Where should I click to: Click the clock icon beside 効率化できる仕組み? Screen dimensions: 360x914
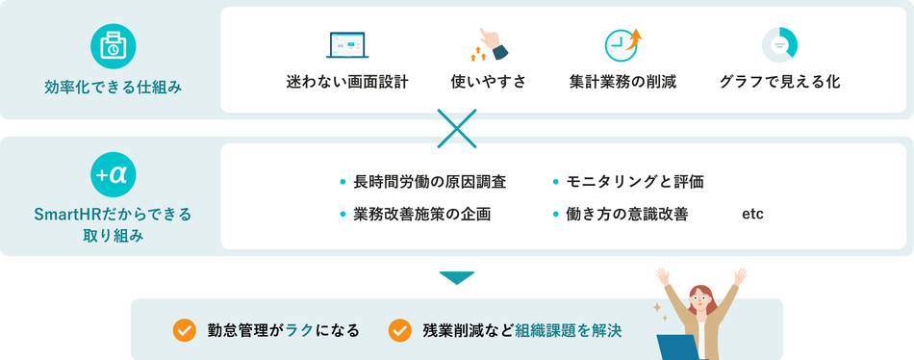[x=114, y=45]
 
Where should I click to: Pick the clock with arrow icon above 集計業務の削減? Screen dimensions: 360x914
[x=622, y=44]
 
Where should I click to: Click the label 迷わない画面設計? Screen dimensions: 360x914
[x=347, y=82]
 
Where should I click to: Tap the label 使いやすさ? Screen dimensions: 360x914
[x=489, y=82]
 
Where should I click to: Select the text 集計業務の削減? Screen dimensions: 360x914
[x=622, y=82]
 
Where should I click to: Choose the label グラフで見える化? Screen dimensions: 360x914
[x=779, y=82]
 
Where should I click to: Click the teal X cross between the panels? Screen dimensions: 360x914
[x=458, y=128]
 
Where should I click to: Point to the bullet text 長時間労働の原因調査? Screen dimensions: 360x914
[x=429, y=182]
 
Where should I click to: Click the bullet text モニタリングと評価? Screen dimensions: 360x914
[x=635, y=182]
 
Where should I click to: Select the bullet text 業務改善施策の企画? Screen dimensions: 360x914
[x=422, y=214]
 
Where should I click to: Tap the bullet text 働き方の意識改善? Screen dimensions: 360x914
[x=626, y=214]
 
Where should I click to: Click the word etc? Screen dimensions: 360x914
[x=752, y=214]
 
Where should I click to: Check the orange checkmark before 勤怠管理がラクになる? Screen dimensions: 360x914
[x=184, y=330]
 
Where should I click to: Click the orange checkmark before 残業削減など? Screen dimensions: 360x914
[x=399, y=330]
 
